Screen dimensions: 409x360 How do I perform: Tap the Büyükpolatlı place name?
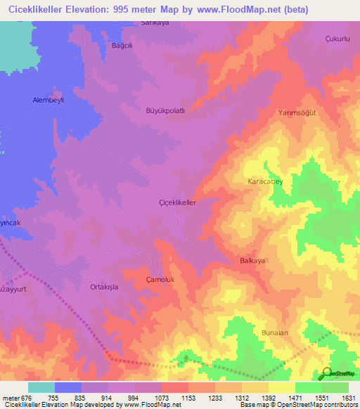tap(165, 111)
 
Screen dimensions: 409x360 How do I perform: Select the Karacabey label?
tap(266, 182)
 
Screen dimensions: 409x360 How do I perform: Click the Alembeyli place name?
tap(49, 100)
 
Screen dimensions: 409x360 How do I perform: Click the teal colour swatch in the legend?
tap(41, 387)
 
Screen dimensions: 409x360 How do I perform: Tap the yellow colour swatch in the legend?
tap(281, 387)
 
